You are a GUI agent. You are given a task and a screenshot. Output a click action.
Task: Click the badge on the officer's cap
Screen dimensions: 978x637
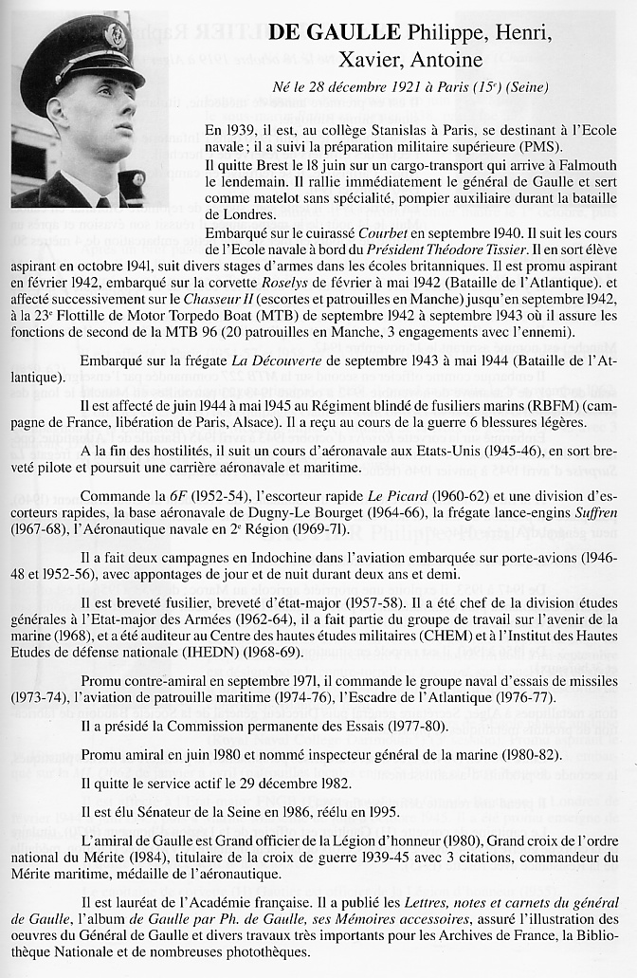116,35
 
